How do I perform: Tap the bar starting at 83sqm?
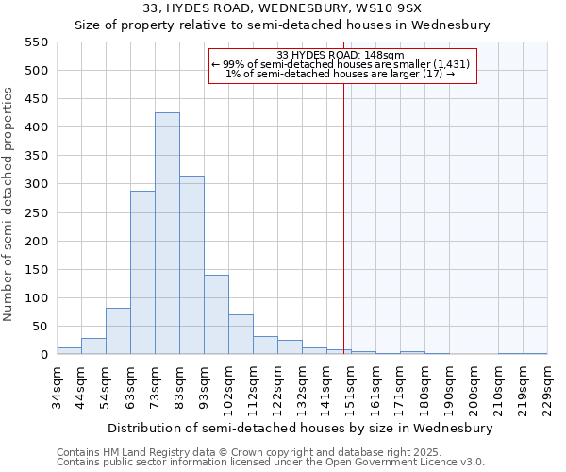[191, 265]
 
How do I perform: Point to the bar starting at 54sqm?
[118, 331]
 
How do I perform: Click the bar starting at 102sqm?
[241, 334]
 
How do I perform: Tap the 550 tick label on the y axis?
[36, 42]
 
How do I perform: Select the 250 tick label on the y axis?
[36, 213]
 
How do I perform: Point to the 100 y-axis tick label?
[36, 298]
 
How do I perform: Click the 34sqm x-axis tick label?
[58, 385]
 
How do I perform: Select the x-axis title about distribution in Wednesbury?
[301, 429]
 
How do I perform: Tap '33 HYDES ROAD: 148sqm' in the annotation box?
[341, 55]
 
